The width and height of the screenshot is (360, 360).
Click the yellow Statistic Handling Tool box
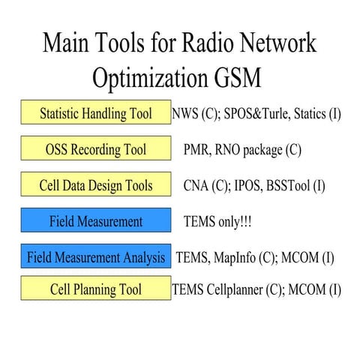(96, 114)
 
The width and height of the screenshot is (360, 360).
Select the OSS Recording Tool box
(96, 149)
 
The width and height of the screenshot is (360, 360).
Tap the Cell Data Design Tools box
(96, 185)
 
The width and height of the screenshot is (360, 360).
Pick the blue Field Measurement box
(96, 221)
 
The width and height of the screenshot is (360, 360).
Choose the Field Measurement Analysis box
(96, 257)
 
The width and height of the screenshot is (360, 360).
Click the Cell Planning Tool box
(96, 289)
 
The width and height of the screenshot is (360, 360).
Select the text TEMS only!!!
(219, 221)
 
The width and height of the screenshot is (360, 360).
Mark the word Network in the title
(277, 42)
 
